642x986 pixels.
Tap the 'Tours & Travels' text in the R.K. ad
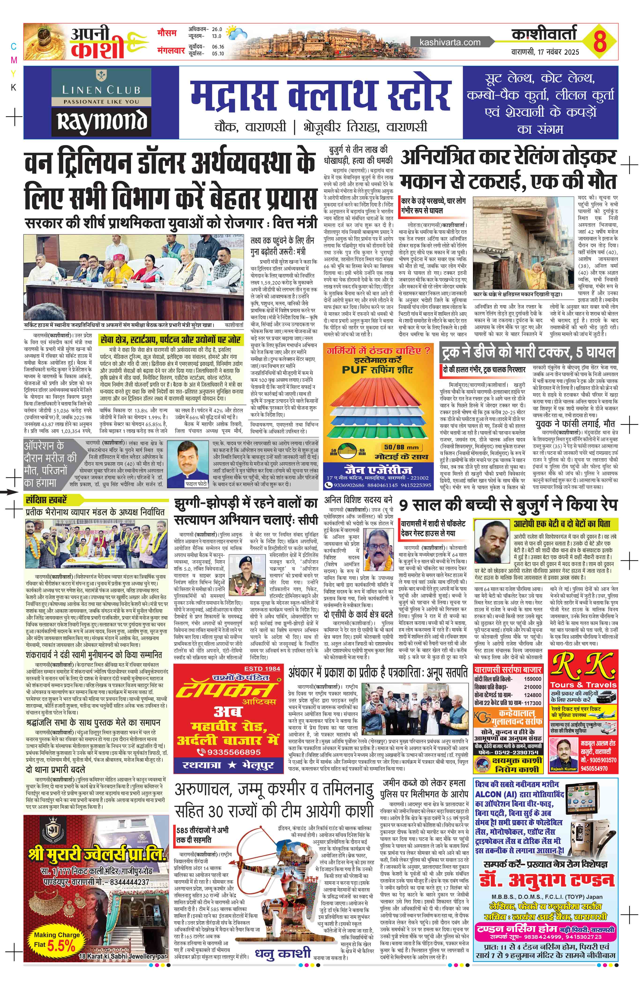583,684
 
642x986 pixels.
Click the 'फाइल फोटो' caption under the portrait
195,484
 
